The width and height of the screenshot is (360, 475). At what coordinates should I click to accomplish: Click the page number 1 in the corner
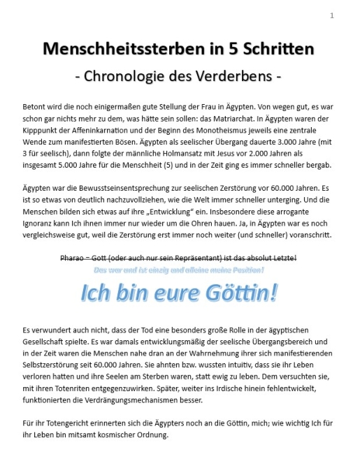pyautogui.click(x=332, y=15)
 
